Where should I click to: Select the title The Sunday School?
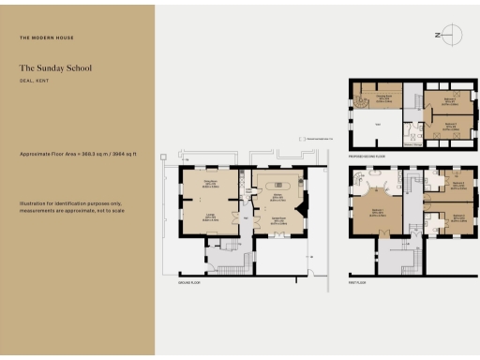(54, 67)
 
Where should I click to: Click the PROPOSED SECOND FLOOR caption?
(368, 154)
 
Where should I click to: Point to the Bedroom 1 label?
(375, 214)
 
